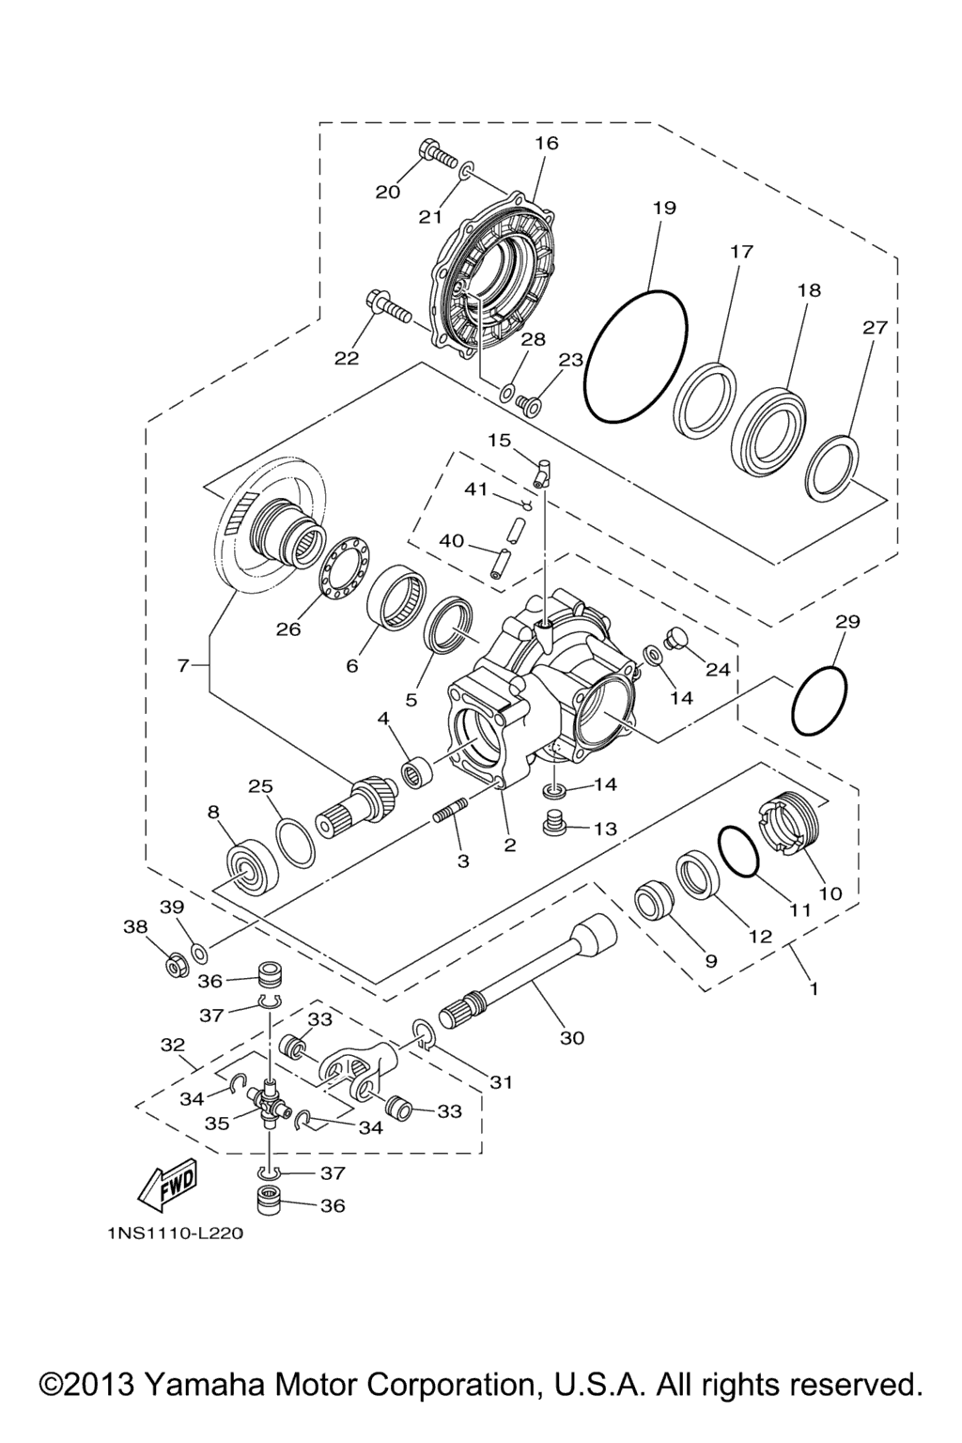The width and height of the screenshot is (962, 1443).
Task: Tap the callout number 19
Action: coord(664,208)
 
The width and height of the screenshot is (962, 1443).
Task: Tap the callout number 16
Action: coord(547,143)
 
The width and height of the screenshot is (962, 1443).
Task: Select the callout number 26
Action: coord(288,629)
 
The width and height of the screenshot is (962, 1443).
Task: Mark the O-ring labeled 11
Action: coord(737,852)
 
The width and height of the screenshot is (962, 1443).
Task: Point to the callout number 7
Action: coord(183,666)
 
